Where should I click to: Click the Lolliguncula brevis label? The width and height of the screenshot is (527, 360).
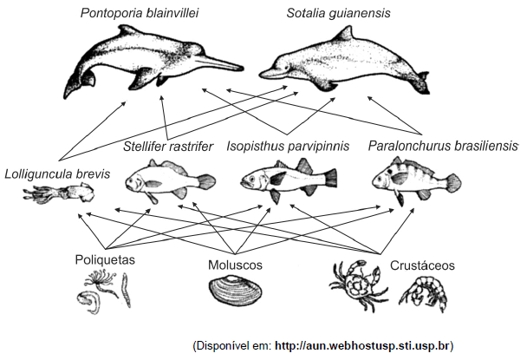[56, 173]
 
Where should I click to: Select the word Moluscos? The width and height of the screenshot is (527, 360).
[235, 264]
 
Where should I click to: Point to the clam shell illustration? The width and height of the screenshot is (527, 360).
[236, 291]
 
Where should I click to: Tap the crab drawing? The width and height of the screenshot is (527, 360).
[355, 286]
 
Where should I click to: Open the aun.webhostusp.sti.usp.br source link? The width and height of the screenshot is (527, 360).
[363, 345]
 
